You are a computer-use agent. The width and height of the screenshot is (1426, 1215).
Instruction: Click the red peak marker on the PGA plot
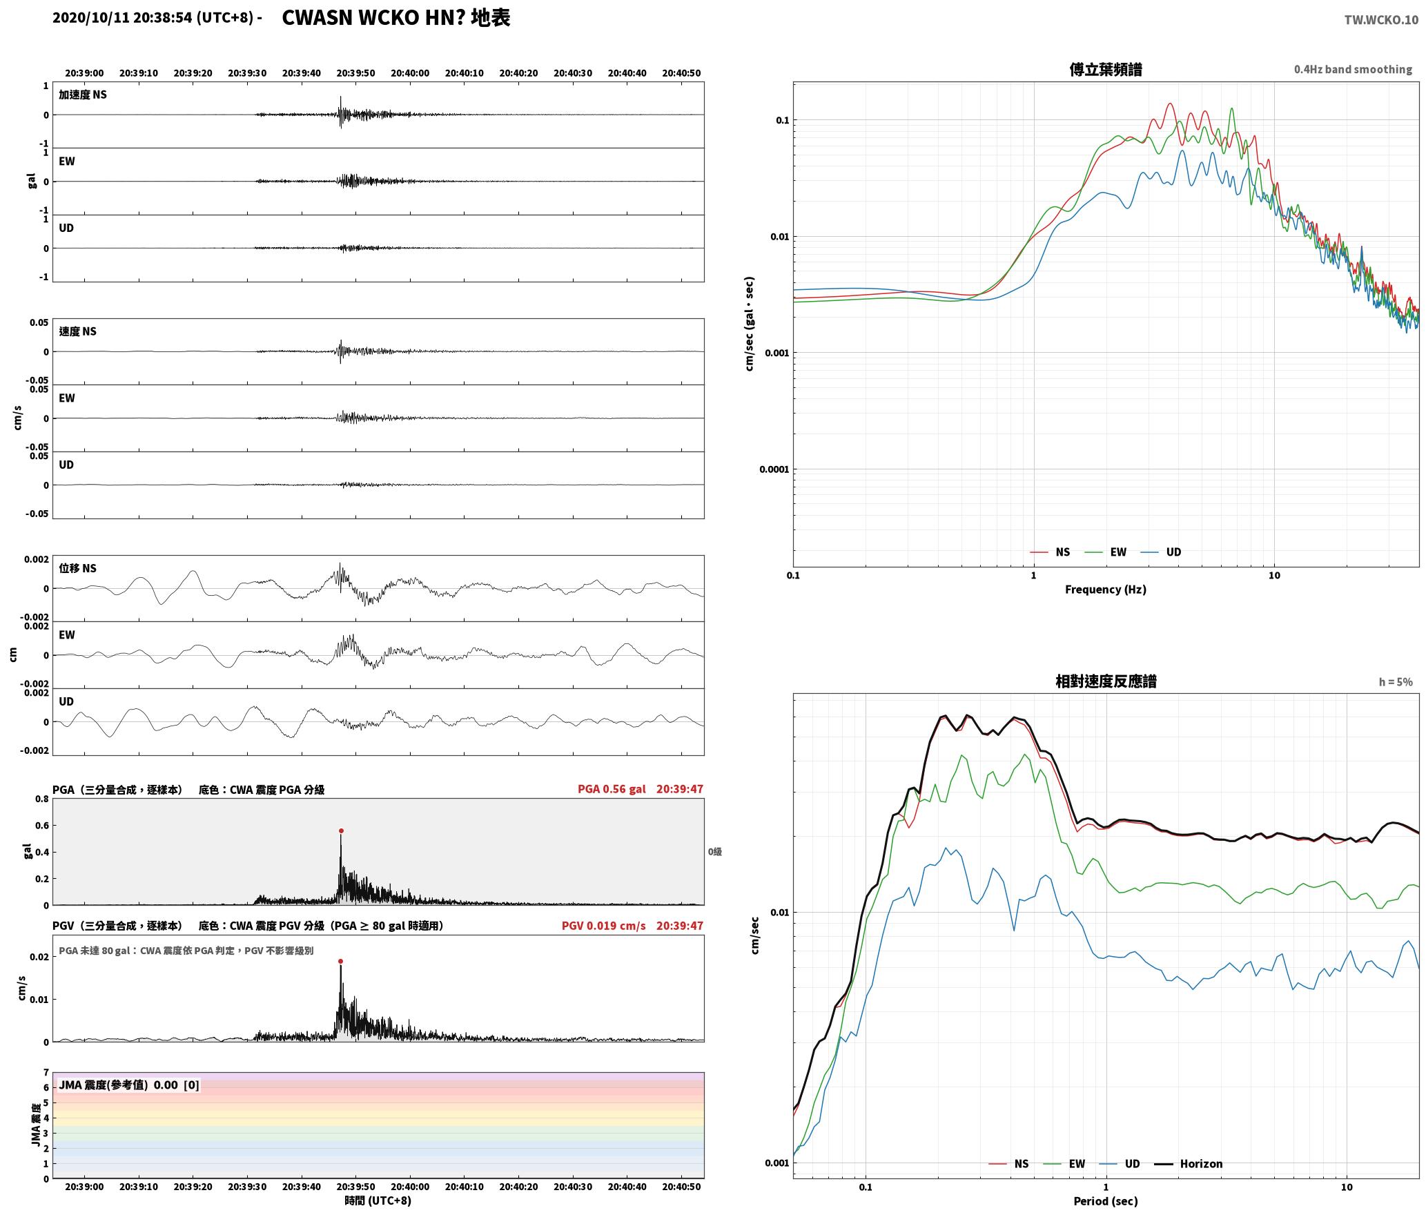[x=341, y=831]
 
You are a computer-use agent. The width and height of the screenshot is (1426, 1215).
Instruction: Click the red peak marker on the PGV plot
[x=340, y=961]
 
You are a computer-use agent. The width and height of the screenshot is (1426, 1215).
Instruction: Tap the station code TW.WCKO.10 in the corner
[x=1381, y=20]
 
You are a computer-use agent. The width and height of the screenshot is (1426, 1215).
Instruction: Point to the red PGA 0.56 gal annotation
[x=612, y=789]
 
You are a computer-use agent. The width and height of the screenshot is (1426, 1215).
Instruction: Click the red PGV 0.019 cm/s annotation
[x=604, y=926]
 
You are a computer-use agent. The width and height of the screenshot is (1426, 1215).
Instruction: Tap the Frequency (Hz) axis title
[x=1105, y=590]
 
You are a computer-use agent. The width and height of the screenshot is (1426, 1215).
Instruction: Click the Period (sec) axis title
[x=1105, y=1201]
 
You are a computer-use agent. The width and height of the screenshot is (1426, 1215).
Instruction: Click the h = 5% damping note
[x=1396, y=682]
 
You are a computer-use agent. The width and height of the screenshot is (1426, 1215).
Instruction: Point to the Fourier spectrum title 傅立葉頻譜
[x=1105, y=70]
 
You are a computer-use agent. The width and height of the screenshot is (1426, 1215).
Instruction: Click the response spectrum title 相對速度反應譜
[x=1106, y=681]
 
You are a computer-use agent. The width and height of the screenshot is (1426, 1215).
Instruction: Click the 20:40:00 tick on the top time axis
[x=410, y=73]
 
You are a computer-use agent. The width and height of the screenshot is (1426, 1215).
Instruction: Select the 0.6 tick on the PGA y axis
[x=42, y=826]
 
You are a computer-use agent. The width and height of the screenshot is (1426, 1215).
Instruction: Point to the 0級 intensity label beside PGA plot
[x=715, y=852]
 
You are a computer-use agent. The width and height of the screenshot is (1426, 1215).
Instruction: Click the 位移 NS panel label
[x=78, y=569]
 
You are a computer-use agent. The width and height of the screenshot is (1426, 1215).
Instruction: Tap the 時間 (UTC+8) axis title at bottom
[x=378, y=1201]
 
